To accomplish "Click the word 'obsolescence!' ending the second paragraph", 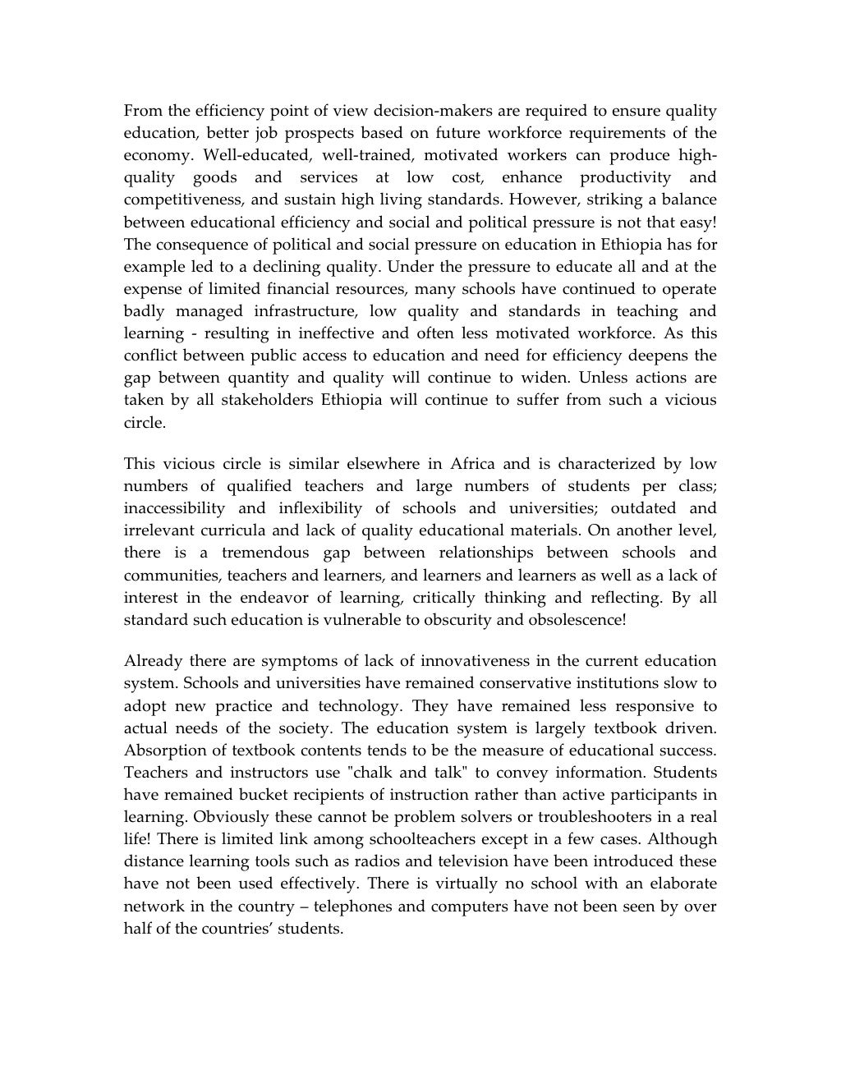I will tap(575, 619).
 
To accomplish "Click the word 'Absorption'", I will tap(162, 750).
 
